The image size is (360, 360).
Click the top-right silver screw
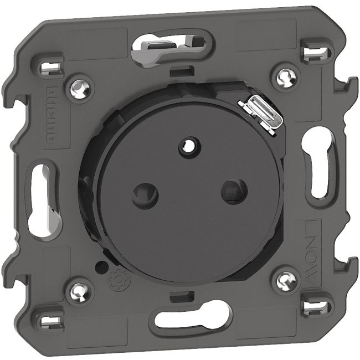click(285, 73)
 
